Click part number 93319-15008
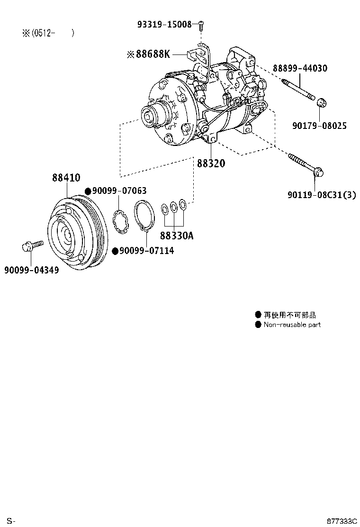click(165, 24)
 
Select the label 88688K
click(152, 55)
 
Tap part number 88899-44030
click(299, 68)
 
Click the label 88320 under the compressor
click(211, 163)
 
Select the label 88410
click(66, 178)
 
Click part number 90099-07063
click(119, 191)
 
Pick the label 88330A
click(176, 236)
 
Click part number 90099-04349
click(31, 270)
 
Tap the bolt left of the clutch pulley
click(32, 245)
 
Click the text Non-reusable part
click(292, 325)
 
